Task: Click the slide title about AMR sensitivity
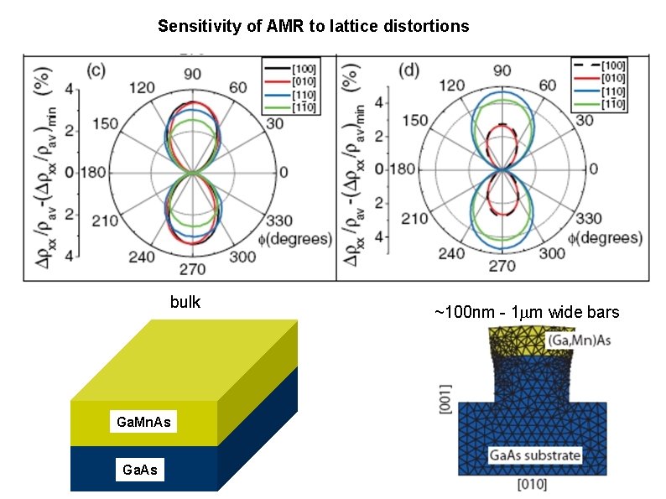coord(313,27)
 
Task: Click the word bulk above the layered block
coord(185,303)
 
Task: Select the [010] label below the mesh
coord(535,484)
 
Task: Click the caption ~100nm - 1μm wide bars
coord(527,313)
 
